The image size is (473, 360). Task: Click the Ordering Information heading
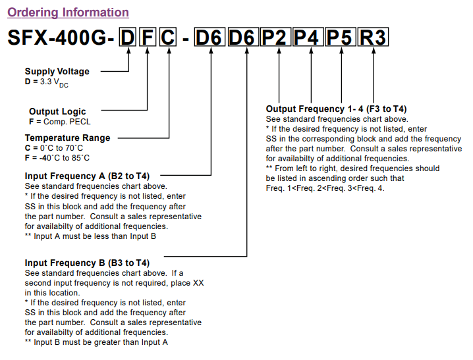[x=68, y=13]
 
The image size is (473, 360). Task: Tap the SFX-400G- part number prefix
[x=61, y=38]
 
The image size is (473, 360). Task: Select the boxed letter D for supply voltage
[x=128, y=38]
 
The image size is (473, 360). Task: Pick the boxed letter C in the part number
[x=169, y=38]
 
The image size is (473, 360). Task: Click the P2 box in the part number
[x=275, y=38]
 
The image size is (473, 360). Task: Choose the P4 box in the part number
[x=307, y=38]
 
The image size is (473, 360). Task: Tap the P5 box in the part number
[x=341, y=38]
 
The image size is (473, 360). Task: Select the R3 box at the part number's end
[x=373, y=38]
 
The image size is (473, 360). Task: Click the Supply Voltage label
[x=57, y=71]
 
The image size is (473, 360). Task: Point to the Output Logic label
[x=57, y=112]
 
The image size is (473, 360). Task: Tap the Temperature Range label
[x=68, y=138]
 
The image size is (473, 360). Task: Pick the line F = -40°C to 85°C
[x=58, y=158]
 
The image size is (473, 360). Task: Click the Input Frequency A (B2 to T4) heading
[x=88, y=176]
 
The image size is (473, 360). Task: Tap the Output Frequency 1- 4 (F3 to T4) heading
[x=336, y=109]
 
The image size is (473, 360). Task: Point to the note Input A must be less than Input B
[x=90, y=236]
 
